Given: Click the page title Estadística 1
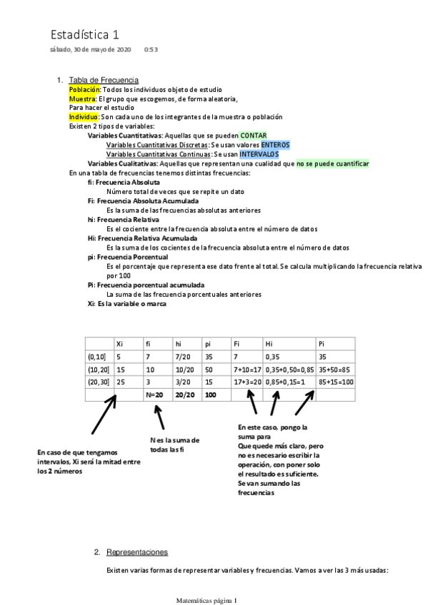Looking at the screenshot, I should pos(85,34).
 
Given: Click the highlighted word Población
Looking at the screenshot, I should pos(85,90).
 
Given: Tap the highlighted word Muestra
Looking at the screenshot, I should pos(82,99).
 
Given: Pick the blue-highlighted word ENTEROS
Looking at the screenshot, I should pos(275,144).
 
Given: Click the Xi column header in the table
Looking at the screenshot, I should pos(120,344).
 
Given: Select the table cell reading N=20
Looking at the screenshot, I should pos(154,394).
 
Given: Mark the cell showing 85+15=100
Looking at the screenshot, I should pos(336,382).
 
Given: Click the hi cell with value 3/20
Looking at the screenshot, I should pos(184,382).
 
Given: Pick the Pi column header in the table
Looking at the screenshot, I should pos(322,344).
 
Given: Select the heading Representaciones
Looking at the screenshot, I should pos(136,552).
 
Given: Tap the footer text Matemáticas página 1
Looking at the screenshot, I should pos(207,600).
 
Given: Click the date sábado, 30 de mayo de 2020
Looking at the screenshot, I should pos(90,50).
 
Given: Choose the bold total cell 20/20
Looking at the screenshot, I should pos(185,394).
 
